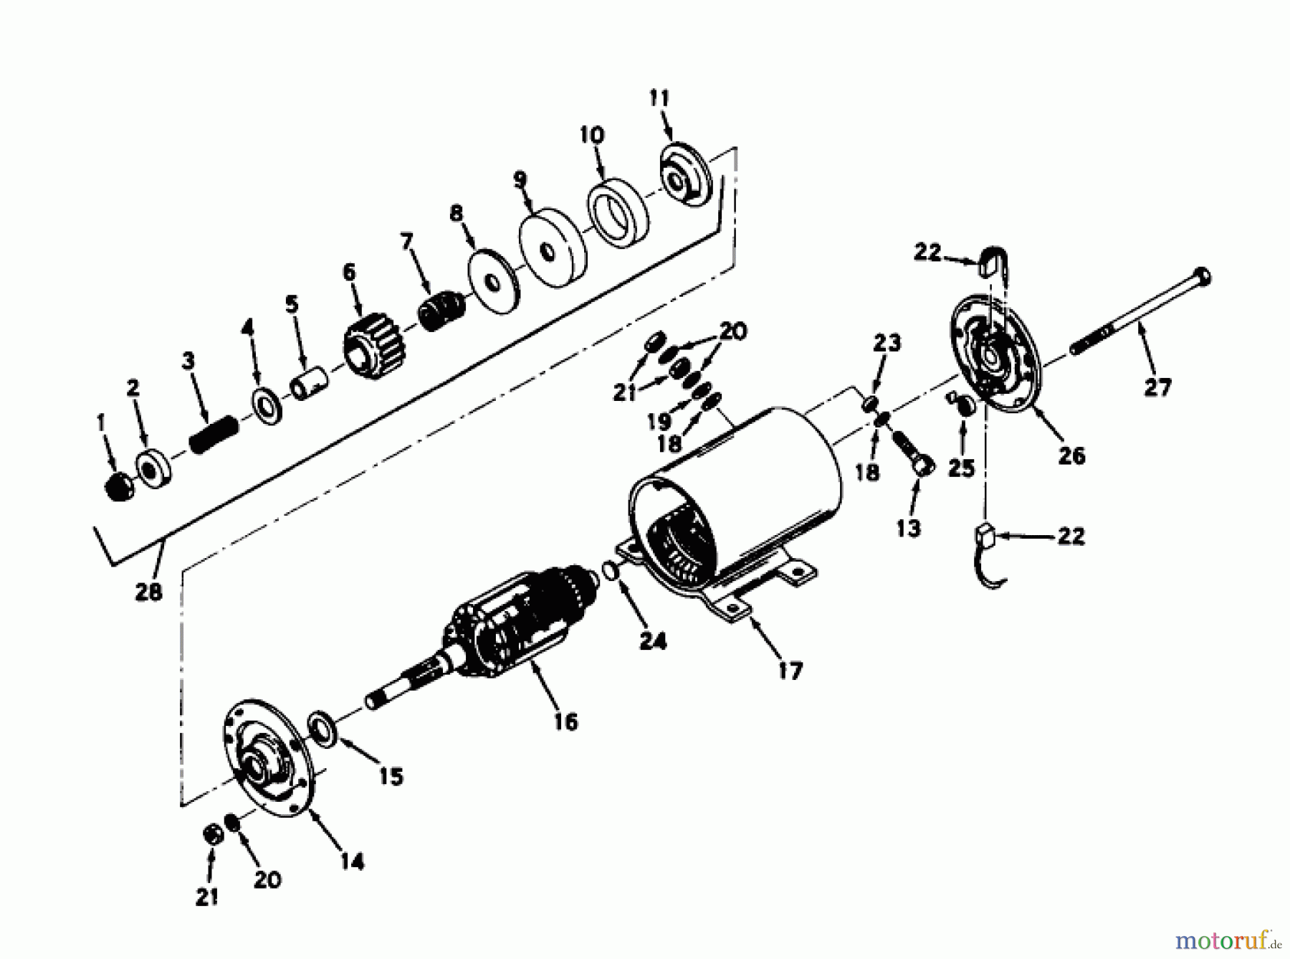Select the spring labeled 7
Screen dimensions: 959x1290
pos(442,311)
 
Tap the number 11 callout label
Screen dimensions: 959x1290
pos(659,98)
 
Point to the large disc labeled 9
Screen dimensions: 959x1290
pos(552,248)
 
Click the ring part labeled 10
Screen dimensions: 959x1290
pos(618,215)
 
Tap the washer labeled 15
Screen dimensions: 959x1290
pos(325,729)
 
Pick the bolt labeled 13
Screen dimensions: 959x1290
pos(911,452)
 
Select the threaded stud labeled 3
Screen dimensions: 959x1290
pos(213,433)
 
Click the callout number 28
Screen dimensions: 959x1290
pos(148,592)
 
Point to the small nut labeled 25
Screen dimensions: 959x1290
pos(965,407)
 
